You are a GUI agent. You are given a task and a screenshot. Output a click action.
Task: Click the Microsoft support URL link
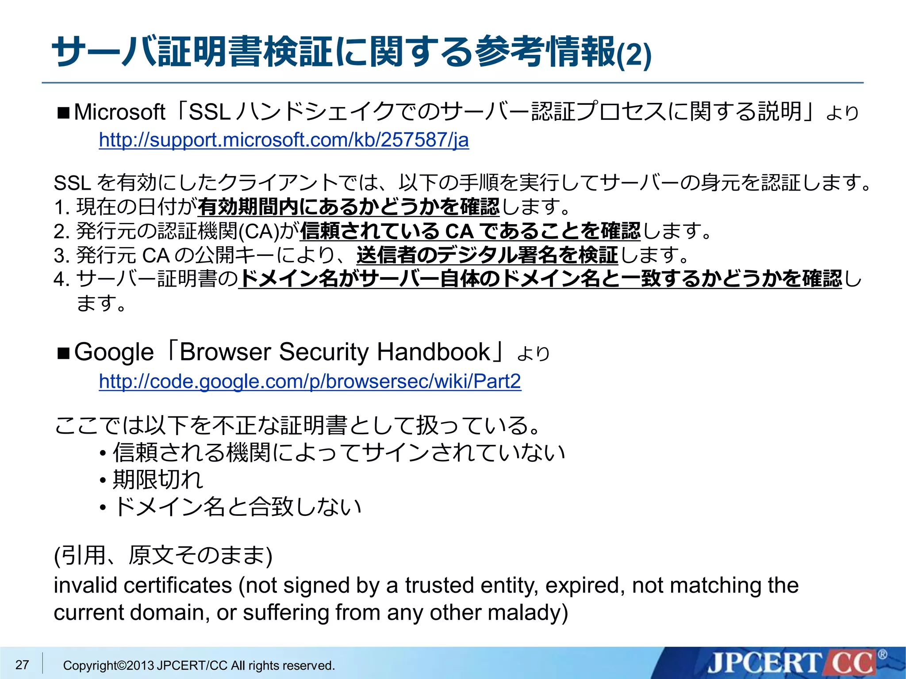(284, 140)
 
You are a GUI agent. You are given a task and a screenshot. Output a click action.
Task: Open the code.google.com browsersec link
(310, 381)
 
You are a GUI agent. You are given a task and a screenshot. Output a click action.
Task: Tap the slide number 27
(22, 664)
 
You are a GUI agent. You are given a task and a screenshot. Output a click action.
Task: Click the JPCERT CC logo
(792, 663)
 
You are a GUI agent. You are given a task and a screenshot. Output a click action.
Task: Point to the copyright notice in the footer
(199, 665)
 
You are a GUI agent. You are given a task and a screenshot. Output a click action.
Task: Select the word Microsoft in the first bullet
(119, 112)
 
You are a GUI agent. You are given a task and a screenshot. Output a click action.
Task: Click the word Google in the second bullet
(114, 352)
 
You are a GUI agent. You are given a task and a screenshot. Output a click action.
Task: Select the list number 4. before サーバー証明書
(62, 279)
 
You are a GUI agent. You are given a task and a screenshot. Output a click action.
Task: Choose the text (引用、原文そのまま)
(163, 556)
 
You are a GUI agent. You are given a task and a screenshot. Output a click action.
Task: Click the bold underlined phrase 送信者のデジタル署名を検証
(487, 255)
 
